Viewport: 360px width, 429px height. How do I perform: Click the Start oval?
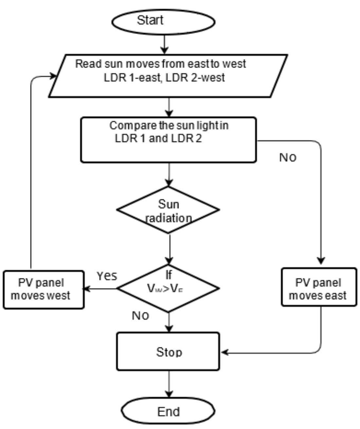pos(163,21)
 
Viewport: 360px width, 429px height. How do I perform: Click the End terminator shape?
pos(168,411)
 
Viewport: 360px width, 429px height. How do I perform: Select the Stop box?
pos(168,352)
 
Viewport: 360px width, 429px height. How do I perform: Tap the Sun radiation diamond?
pos(168,210)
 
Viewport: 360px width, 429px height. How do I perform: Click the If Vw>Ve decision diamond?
pos(168,288)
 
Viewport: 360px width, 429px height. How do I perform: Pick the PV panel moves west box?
pos(44,289)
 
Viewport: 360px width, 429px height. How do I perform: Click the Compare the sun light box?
pos(168,140)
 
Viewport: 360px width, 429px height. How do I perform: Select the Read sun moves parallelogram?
pos(168,76)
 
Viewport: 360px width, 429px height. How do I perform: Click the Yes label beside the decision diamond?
pos(107,276)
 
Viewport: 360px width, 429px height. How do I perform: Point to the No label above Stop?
pos(140,316)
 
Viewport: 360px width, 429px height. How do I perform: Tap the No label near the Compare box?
pos(288,157)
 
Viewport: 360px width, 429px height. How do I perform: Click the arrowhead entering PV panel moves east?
pos(321,261)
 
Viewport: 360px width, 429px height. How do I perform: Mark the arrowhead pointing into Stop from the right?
pos(225,352)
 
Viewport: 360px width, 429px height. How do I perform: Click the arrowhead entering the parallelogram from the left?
pos(53,76)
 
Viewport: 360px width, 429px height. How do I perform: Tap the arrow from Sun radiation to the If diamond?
pos(169,249)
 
